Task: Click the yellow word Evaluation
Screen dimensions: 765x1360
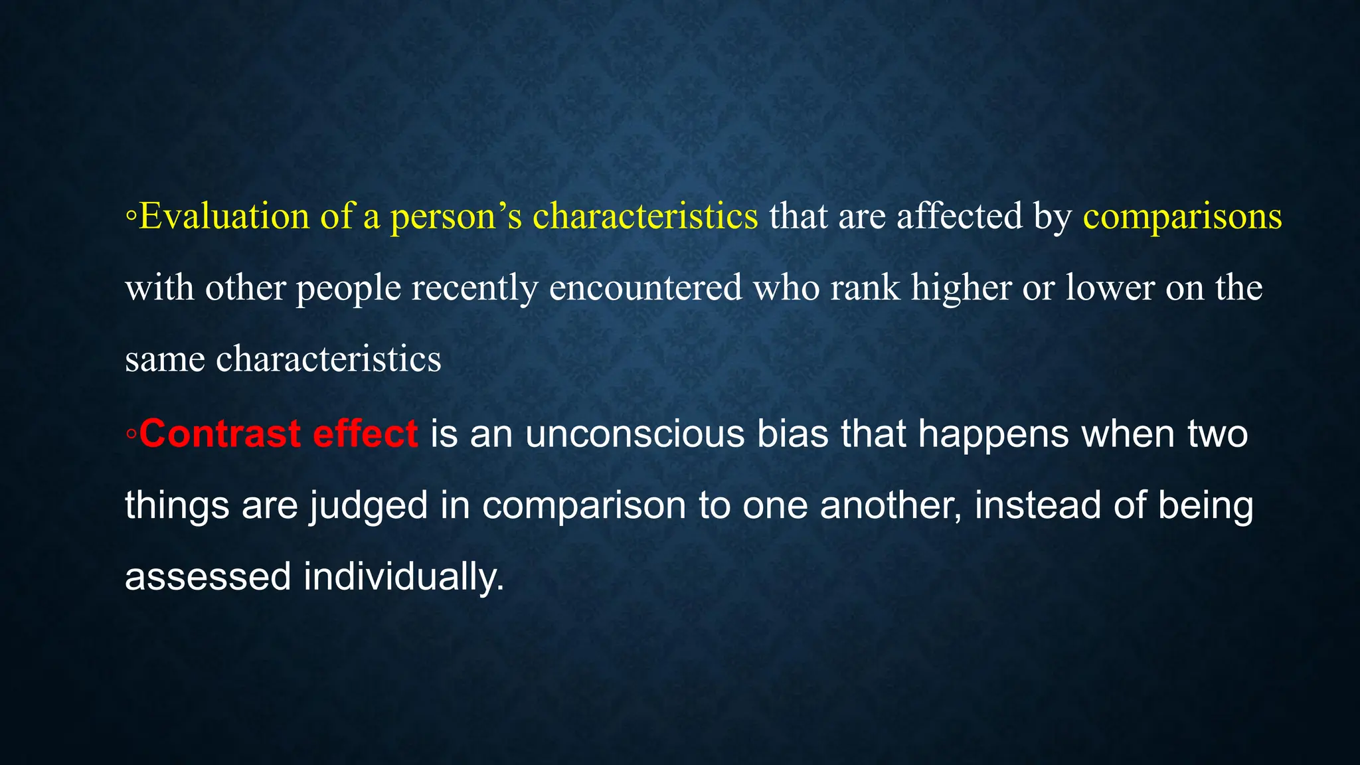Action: [224, 216]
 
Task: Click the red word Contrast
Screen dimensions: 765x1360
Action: [220, 434]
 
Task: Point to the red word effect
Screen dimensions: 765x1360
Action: [365, 434]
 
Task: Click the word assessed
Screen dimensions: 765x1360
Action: [208, 576]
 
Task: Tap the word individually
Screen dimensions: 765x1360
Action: [404, 576]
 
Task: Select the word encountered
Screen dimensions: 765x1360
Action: [645, 288]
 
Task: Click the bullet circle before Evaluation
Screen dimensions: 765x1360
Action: [131, 218]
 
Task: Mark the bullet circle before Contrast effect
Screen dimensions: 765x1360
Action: [131, 435]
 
